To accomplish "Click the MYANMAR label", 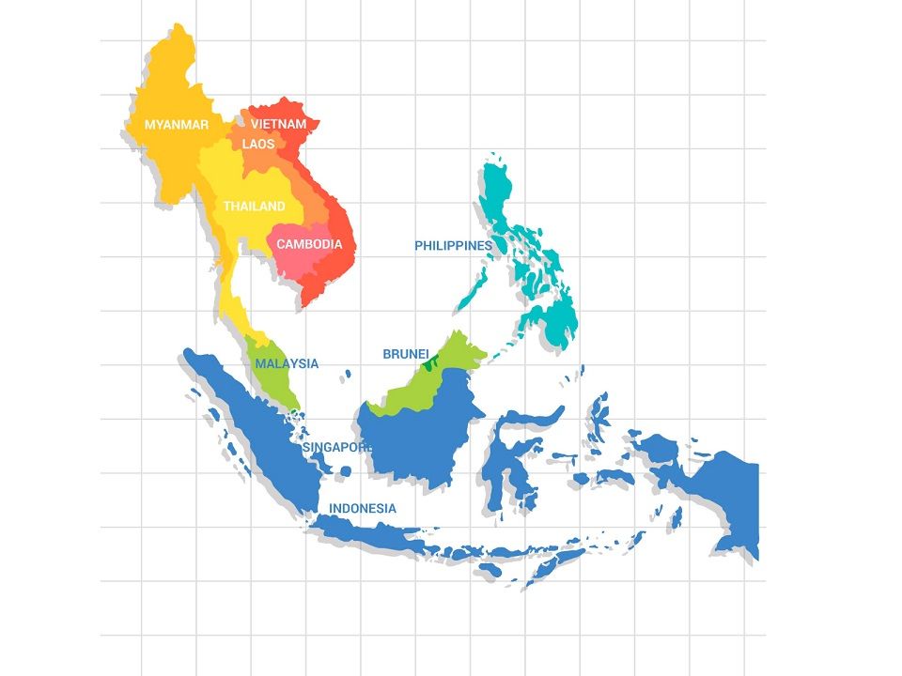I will pos(176,124).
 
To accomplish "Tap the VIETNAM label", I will pos(278,124).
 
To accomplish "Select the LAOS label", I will pos(258,145).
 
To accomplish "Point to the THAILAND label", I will pos(254,207).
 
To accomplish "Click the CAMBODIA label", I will pos(309,244).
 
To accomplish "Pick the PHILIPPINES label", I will pos(453,246).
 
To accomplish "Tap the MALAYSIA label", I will pos(287,363).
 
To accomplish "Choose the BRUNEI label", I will pos(406,354).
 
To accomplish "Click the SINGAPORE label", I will pos(338,448).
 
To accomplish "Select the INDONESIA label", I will pos(362,508).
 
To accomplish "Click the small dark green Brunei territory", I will pos(430,361).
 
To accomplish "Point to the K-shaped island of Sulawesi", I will pos(512,460).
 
